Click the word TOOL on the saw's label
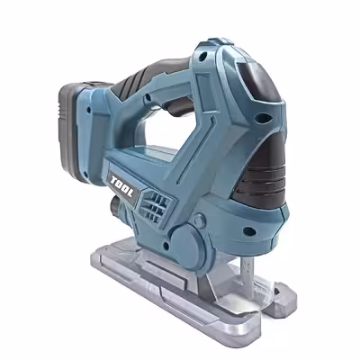click(x=122, y=186)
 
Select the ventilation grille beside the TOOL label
click(x=156, y=206)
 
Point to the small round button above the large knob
click(x=200, y=220)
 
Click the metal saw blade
click(x=248, y=277)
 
